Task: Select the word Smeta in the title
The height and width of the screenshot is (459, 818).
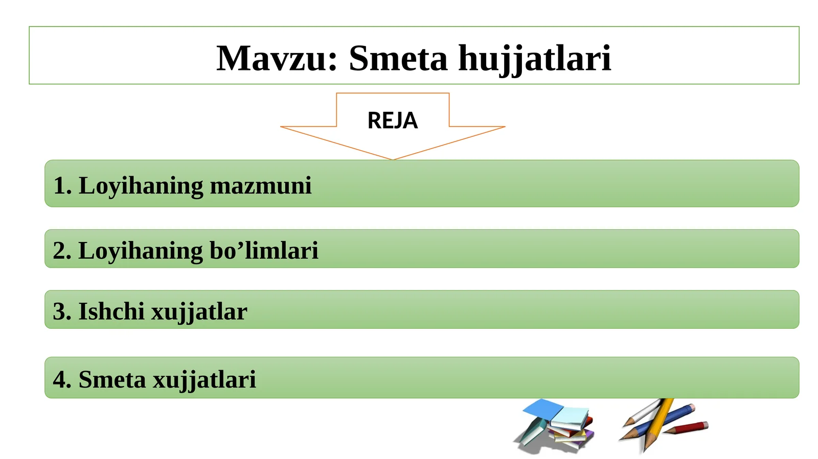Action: [x=398, y=58]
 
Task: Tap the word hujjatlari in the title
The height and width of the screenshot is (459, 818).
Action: [x=534, y=59]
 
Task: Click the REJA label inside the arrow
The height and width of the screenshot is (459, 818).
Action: [x=392, y=120]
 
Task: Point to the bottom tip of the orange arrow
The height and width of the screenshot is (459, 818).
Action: [x=393, y=159]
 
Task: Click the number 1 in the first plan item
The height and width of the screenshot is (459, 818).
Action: [x=59, y=185]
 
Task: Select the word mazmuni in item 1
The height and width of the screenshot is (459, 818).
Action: [x=261, y=185]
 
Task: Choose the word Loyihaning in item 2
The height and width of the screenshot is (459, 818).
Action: [x=141, y=251]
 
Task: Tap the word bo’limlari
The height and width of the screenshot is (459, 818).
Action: [x=264, y=250]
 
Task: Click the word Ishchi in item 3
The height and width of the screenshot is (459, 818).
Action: [x=111, y=311]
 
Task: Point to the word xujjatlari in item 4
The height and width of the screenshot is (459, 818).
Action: [x=204, y=379]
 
